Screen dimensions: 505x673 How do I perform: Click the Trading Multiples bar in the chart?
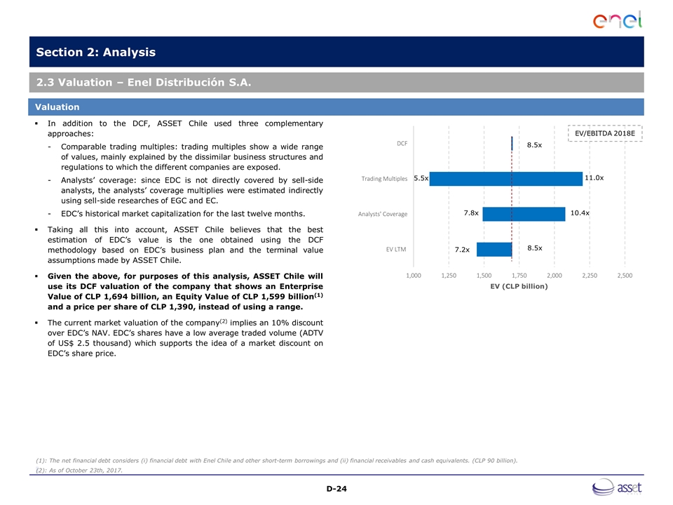click(x=505, y=179)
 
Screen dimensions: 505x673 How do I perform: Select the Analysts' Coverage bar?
click(x=524, y=213)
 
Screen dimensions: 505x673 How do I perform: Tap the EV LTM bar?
click(x=494, y=249)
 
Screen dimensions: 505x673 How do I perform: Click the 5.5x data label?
click(x=421, y=178)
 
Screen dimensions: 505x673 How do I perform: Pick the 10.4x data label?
click(x=579, y=213)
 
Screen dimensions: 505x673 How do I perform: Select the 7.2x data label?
click(x=461, y=250)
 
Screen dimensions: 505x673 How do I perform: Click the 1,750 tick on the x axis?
click(x=519, y=276)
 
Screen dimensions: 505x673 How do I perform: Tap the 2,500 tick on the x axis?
click(x=625, y=276)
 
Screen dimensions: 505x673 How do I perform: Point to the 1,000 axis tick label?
click(x=414, y=276)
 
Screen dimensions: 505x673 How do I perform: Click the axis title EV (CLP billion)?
click(x=519, y=286)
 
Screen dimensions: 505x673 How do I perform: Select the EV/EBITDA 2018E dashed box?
click(x=604, y=133)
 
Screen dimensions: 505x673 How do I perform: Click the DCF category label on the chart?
click(x=402, y=144)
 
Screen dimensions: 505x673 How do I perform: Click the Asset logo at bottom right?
click(x=618, y=487)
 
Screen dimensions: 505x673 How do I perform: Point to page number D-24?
click(x=336, y=488)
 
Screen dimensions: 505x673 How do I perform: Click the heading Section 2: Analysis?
click(x=96, y=53)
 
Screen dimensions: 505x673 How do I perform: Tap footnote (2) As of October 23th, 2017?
click(x=79, y=470)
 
